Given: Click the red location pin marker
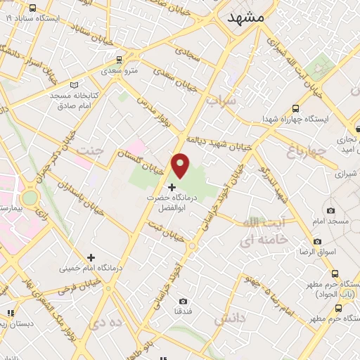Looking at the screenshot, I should (x=181, y=165).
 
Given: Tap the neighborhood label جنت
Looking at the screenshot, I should (x=89, y=150).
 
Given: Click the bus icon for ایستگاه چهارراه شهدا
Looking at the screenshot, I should (x=295, y=109).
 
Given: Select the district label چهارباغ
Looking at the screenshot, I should (x=307, y=149).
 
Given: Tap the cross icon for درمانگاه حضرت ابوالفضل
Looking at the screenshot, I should (x=172, y=187).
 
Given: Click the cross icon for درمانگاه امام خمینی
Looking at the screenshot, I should (x=90, y=257).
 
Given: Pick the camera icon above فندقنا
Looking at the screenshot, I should (x=184, y=302).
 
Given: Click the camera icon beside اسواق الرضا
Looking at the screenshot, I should (x=318, y=241).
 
